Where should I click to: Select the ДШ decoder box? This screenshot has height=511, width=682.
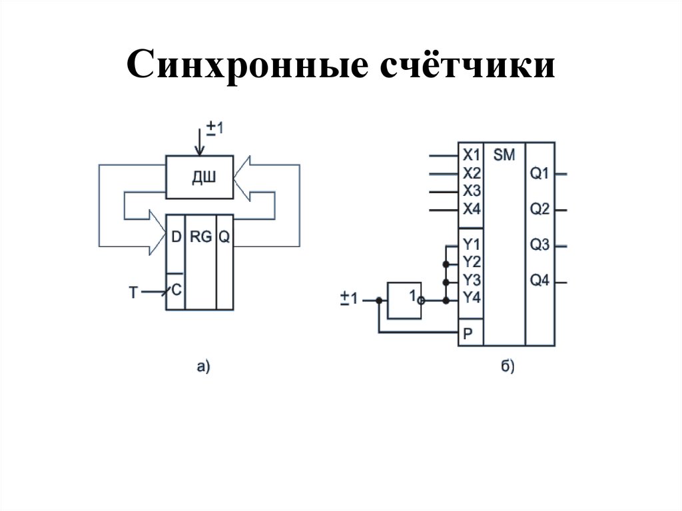(199, 177)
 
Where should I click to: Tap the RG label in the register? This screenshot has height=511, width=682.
(200, 237)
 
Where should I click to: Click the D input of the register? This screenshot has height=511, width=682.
(175, 237)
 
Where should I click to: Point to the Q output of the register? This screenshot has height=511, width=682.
(224, 237)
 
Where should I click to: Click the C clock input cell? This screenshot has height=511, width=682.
(176, 291)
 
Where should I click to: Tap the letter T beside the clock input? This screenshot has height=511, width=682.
(133, 292)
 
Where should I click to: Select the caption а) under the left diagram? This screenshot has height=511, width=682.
(203, 365)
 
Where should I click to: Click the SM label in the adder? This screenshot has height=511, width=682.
(504, 155)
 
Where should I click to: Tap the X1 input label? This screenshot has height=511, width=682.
(471, 156)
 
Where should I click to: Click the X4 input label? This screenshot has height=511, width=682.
(471, 209)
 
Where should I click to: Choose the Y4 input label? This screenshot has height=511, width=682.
(471, 296)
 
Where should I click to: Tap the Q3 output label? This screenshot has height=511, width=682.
(539, 246)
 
